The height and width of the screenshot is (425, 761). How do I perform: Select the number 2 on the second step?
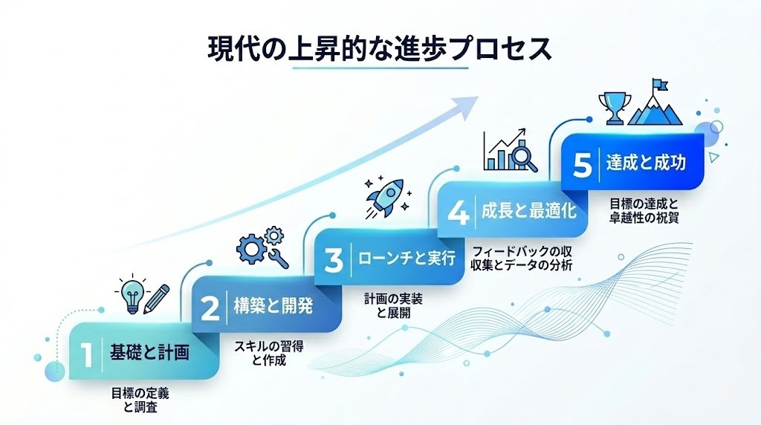tap(210, 308)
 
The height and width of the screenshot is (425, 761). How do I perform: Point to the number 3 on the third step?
tap(334, 260)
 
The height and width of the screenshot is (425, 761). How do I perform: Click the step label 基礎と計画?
tap(149, 353)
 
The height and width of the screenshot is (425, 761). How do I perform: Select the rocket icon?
tap(385, 196)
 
